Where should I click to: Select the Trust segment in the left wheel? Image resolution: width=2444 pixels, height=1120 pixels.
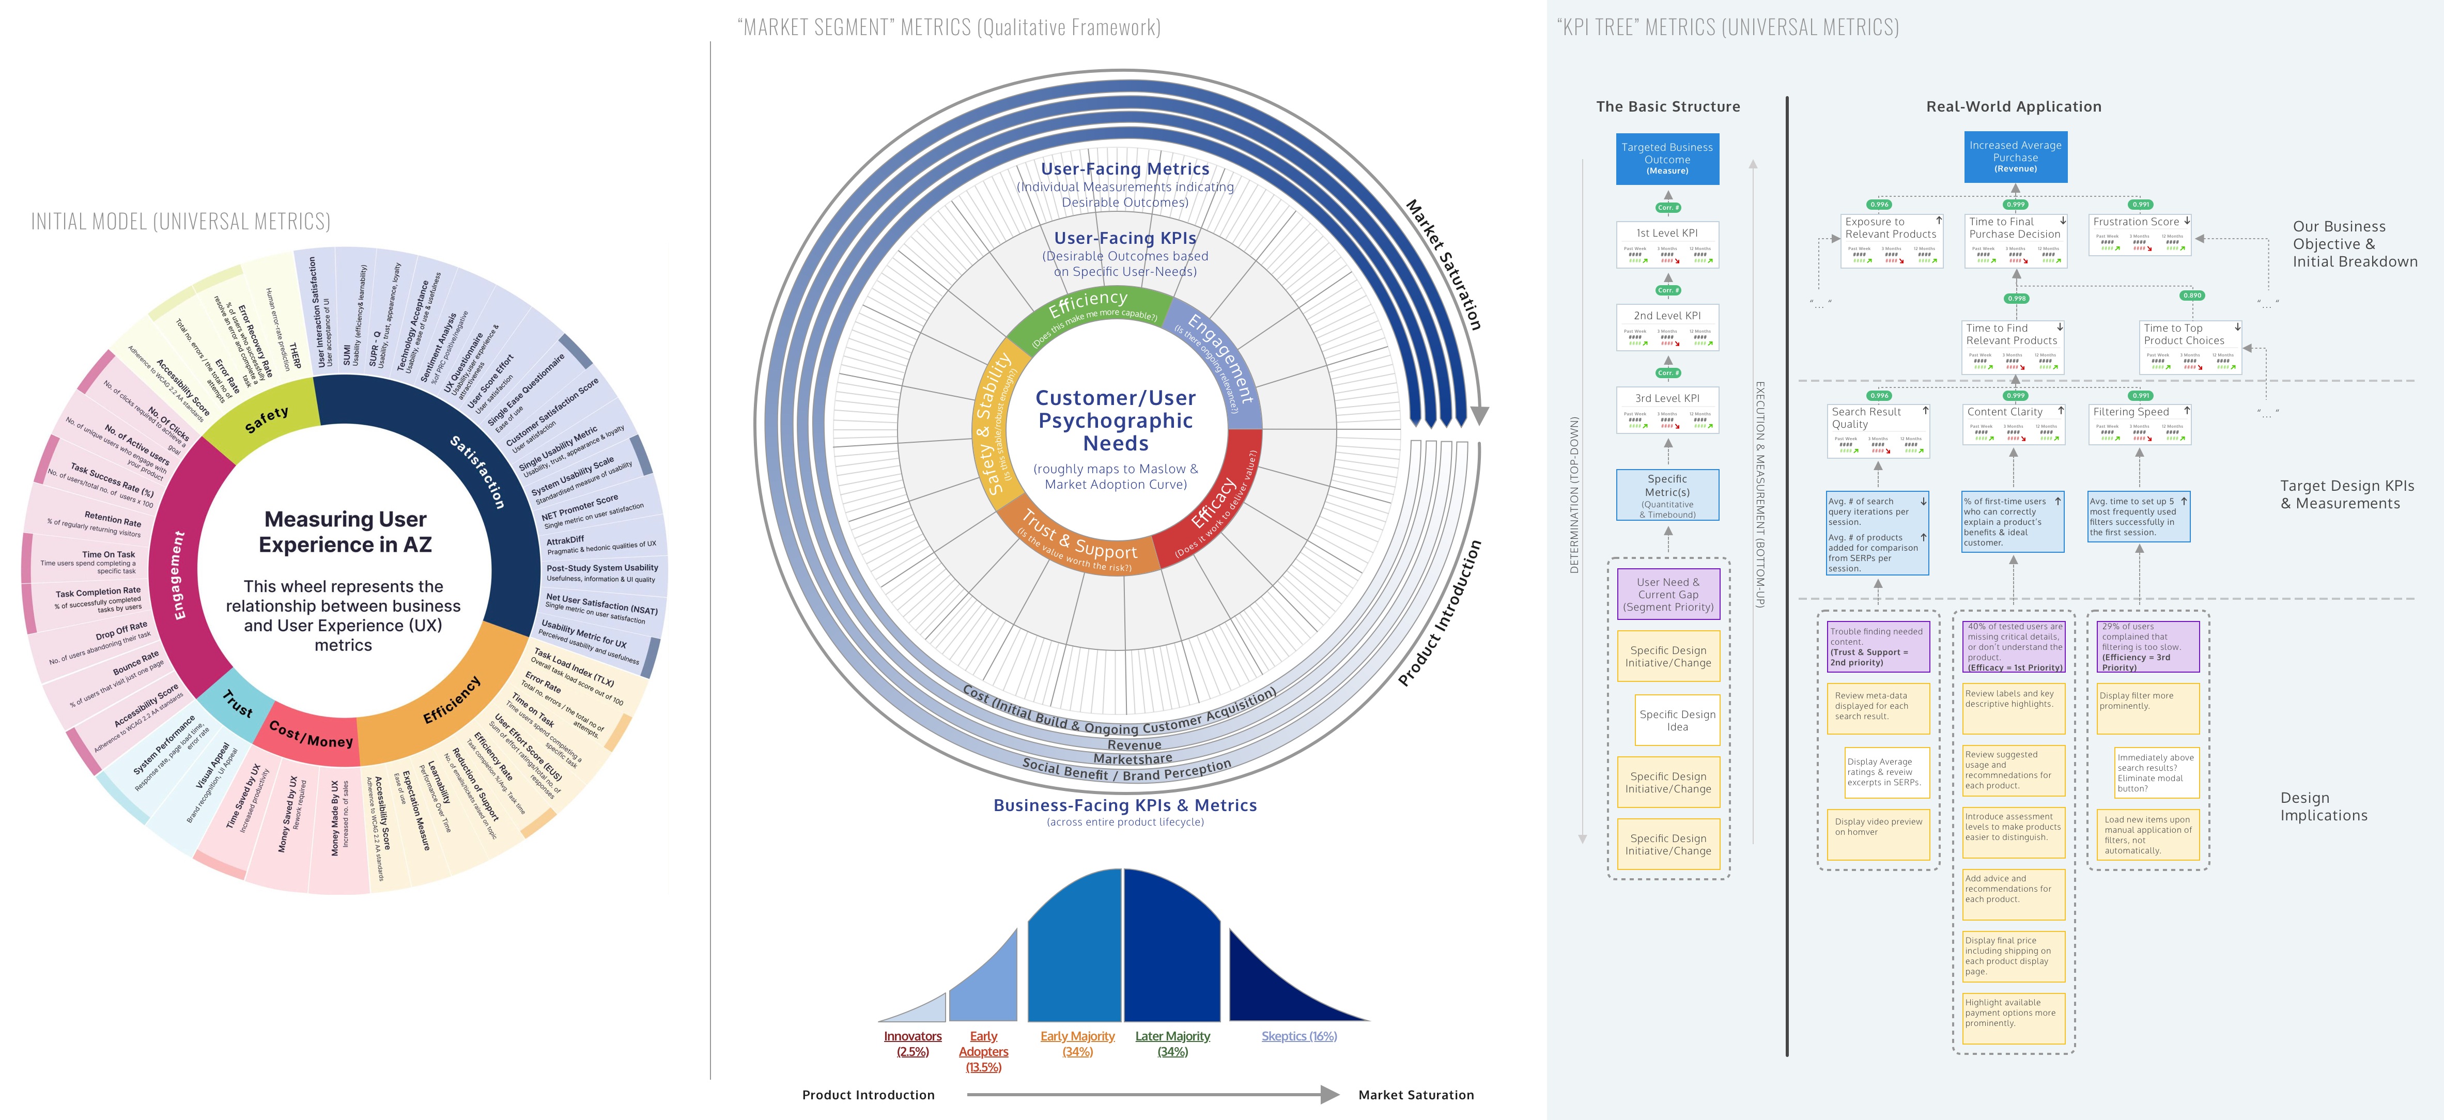[237, 704]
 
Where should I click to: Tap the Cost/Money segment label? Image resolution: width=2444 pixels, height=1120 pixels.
[311, 733]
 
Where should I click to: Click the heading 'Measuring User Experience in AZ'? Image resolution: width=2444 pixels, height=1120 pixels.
[345, 532]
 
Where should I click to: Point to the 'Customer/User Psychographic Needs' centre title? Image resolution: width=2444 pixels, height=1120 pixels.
[1116, 420]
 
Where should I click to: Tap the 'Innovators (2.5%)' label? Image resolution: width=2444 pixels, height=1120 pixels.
[912, 1043]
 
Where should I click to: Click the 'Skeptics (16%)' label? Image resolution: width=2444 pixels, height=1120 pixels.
[1299, 1036]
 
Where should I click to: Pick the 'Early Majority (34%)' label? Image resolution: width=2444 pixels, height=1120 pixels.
[1078, 1043]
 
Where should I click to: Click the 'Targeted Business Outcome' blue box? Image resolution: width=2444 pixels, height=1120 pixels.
[1667, 159]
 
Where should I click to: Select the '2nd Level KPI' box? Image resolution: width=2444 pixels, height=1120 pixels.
[1667, 327]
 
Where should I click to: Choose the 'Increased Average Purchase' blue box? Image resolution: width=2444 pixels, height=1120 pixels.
[2015, 157]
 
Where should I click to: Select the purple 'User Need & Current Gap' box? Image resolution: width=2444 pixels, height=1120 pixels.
[1668, 595]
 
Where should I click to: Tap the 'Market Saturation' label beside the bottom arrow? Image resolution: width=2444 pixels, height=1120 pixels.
[1416, 1094]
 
